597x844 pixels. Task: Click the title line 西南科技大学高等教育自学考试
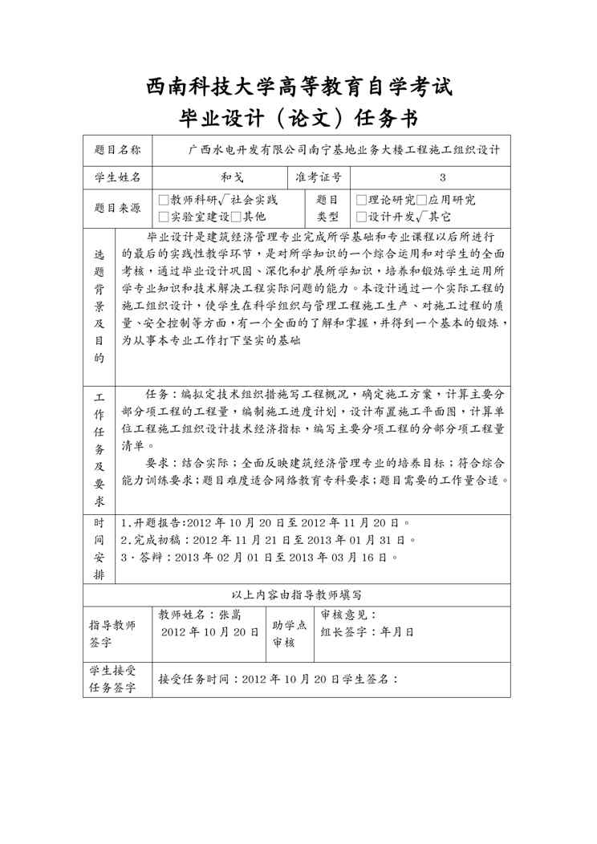[x=298, y=86]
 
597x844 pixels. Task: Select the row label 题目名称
[x=117, y=150]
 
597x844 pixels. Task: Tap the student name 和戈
[x=220, y=178]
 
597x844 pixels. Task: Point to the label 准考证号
[x=319, y=178]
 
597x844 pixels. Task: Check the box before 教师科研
[x=164, y=201]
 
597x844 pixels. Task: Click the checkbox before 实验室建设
[x=164, y=217]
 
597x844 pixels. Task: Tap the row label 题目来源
[x=117, y=209]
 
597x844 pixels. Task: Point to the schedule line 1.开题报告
[x=265, y=522]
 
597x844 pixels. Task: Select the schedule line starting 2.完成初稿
[x=268, y=540]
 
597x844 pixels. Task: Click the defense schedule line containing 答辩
[x=258, y=557]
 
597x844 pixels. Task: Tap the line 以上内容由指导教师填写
[x=297, y=595]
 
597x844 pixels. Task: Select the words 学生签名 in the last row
[x=370, y=679]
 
